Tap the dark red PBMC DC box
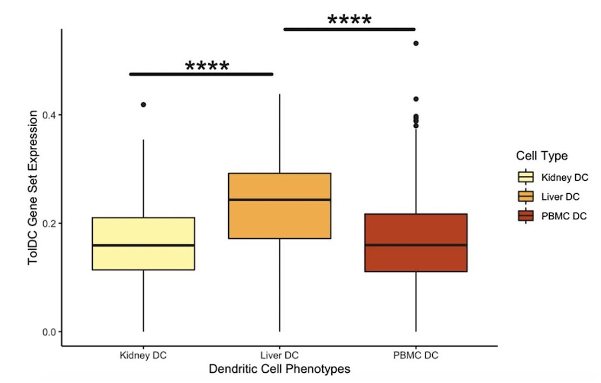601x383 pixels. point(415,259)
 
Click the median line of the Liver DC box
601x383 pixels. point(279,200)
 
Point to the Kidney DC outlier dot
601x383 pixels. point(143,105)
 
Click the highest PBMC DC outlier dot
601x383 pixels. point(416,43)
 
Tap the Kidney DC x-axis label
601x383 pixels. point(143,356)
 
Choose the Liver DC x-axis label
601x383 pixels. point(279,356)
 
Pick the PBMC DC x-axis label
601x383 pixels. point(416,356)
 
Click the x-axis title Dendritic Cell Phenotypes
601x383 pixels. point(279,370)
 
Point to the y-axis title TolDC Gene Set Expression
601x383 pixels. point(34,187)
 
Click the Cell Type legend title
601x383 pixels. point(542,156)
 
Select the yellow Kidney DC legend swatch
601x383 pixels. point(525,177)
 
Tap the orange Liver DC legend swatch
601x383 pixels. point(525,196)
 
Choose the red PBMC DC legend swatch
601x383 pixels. point(525,216)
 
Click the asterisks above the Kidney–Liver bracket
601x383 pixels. point(207,67)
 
